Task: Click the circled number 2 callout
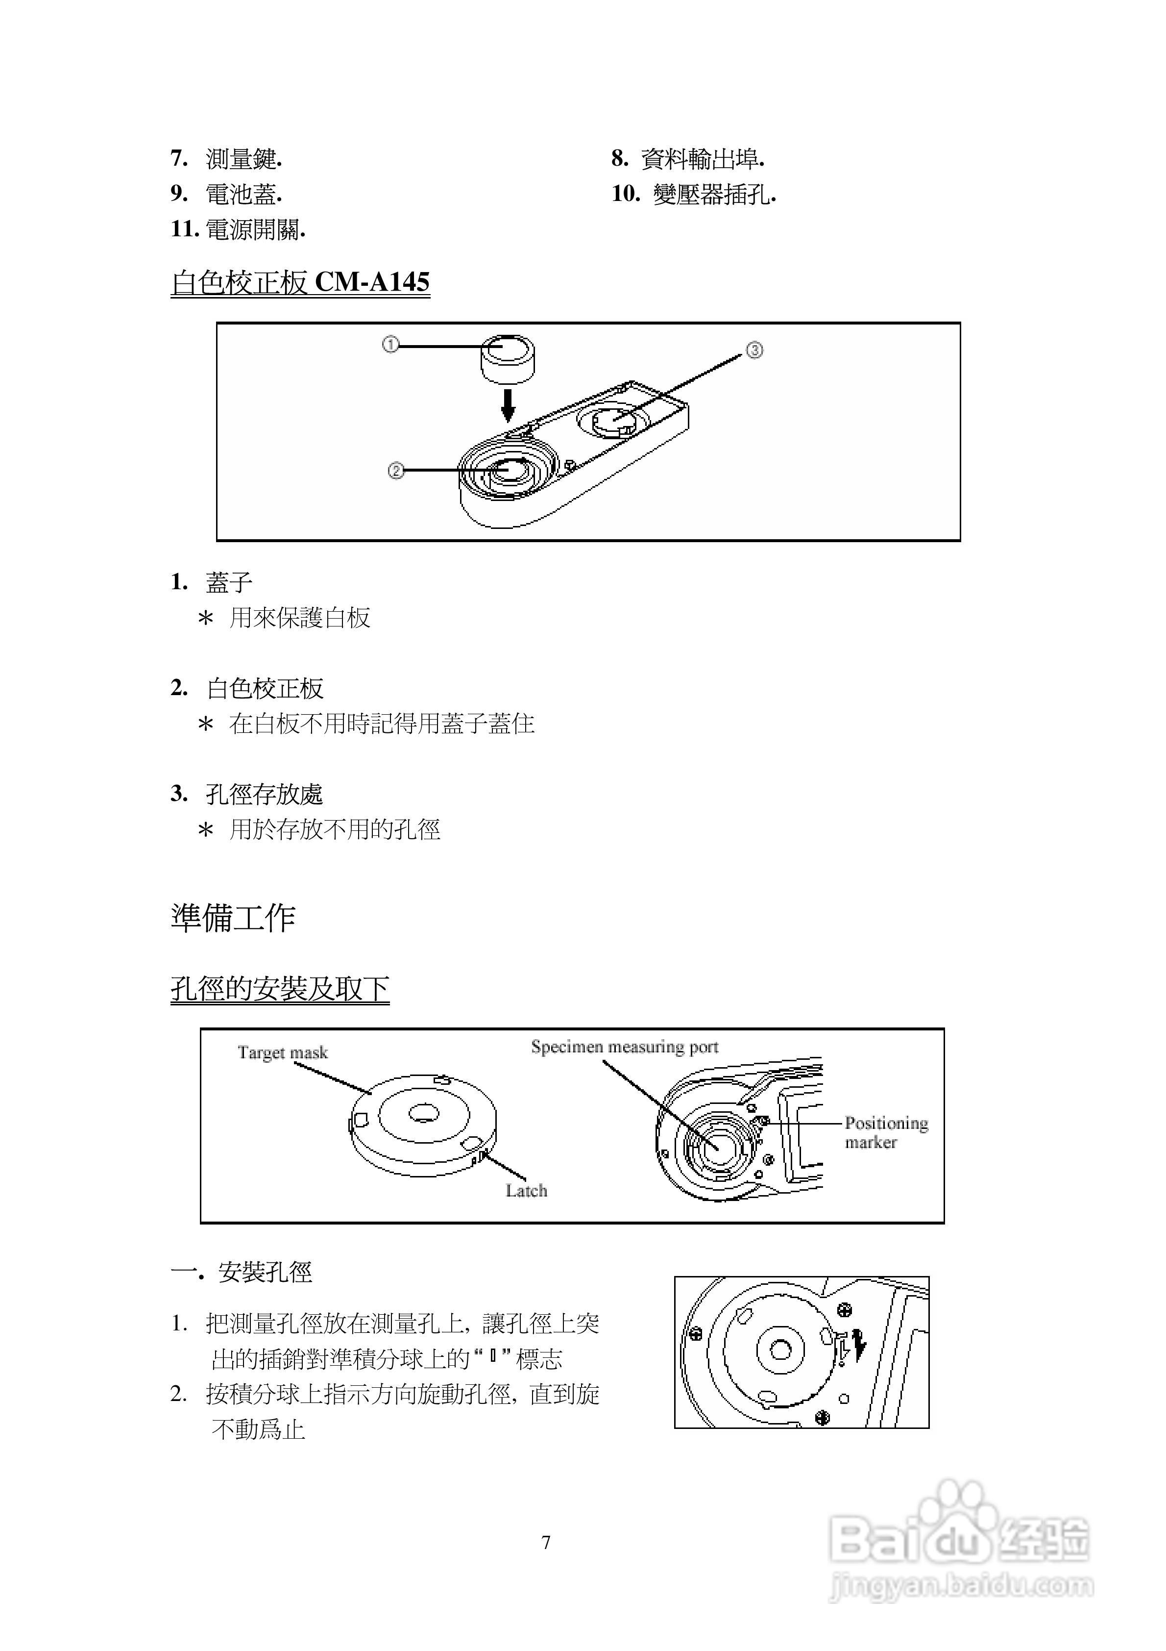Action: (x=395, y=471)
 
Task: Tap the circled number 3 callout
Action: (x=754, y=350)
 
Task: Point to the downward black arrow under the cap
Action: (x=508, y=405)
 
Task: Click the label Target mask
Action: (x=283, y=1053)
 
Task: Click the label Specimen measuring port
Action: (x=624, y=1047)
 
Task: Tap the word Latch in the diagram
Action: (x=526, y=1191)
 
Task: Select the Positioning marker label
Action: (x=886, y=1132)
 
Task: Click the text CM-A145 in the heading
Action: (x=372, y=282)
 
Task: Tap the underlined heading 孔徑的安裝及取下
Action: (x=280, y=989)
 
